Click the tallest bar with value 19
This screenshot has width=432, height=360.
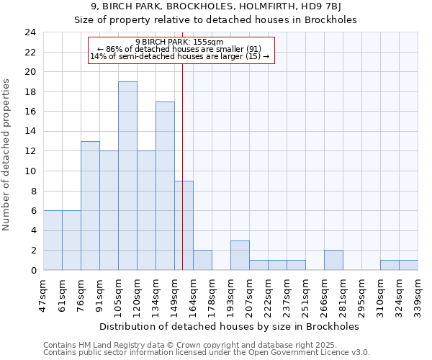[x=127, y=176]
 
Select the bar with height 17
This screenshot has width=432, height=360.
[x=165, y=186]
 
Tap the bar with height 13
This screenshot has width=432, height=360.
[x=90, y=205]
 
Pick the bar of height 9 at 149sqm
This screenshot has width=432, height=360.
[x=184, y=225]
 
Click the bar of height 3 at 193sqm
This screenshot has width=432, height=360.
[x=240, y=255]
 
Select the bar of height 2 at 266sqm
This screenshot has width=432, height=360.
[x=333, y=260]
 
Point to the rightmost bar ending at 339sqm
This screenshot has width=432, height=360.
[x=408, y=265]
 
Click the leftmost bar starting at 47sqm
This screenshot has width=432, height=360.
[x=53, y=240]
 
